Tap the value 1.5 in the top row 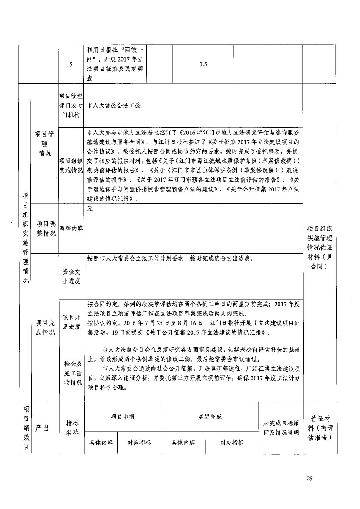click(x=203, y=64)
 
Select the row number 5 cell click(x=71, y=64)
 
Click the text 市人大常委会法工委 click(x=114, y=105)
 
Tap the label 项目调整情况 click(x=46, y=228)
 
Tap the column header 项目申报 click(x=123, y=417)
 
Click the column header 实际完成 click(x=210, y=417)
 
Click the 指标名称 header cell click(x=72, y=428)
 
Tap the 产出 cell click(x=42, y=428)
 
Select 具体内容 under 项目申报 click(x=101, y=443)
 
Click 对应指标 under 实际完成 click(x=232, y=443)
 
